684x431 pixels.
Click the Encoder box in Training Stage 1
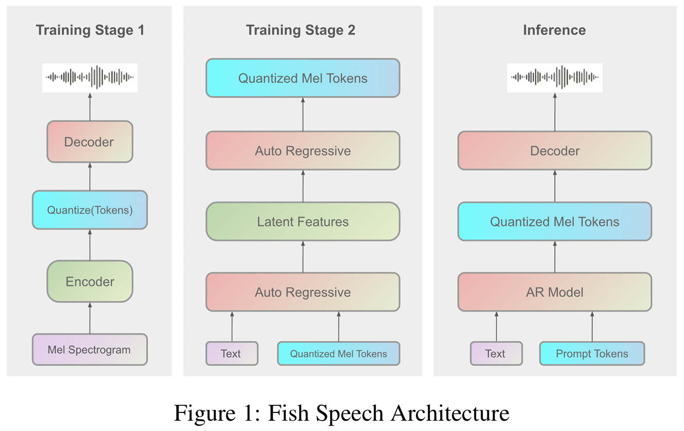[x=90, y=282]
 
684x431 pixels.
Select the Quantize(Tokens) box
[x=90, y=210]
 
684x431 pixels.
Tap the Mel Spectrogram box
[x=90, y=350]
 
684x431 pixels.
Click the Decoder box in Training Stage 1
[x=90, y=142]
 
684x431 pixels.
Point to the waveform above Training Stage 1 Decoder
[x=90, y=77]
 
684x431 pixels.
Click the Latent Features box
[x=303, y=222]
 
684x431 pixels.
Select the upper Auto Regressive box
[x=303, y=151]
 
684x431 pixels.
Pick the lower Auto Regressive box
[x=303, y=292]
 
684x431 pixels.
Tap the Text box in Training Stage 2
[x=232, y=354]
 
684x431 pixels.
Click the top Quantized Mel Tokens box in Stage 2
[x=303, y=78]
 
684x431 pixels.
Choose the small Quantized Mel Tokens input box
[x=339, y=354]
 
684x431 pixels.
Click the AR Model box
[x=555, y=292]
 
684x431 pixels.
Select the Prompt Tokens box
[x=592, y=354]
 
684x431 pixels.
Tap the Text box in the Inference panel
[x=496, y=354]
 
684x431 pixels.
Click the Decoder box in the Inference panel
[x=555, y=151]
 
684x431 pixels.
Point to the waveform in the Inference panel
[x=554, y=77]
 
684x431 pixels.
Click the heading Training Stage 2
[x=301, y=30]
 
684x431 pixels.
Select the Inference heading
[x=554, y=30]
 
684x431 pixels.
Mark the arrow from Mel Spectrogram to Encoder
[x=90, y=318]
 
